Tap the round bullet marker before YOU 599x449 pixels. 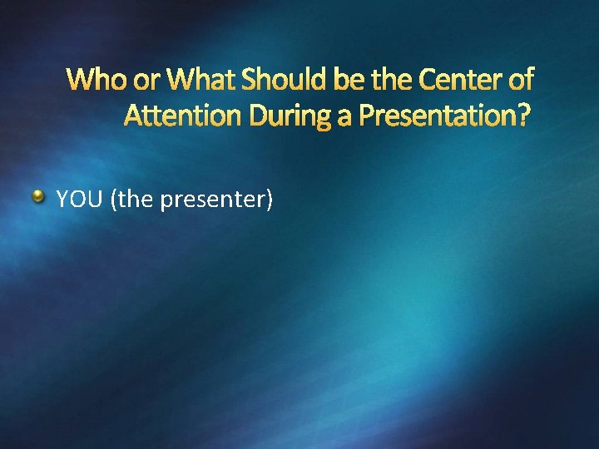[39, 197]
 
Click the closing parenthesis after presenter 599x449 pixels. [268, 200]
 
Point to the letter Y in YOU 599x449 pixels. [62, 200]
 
